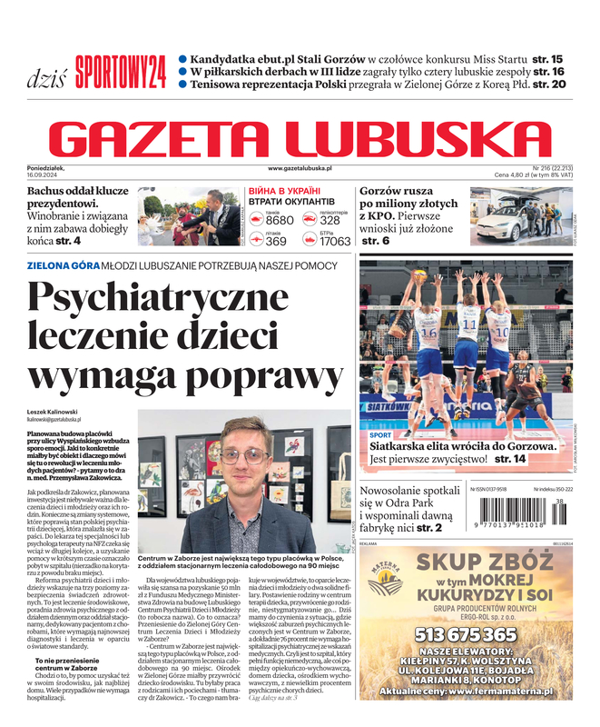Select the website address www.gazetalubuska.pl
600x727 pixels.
click(300, 169)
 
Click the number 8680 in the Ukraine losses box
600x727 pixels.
click(280, 221)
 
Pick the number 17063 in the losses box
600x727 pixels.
click(335, 242)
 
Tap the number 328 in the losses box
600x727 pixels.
click(330, 221)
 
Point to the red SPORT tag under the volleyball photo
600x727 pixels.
click(381, 435)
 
